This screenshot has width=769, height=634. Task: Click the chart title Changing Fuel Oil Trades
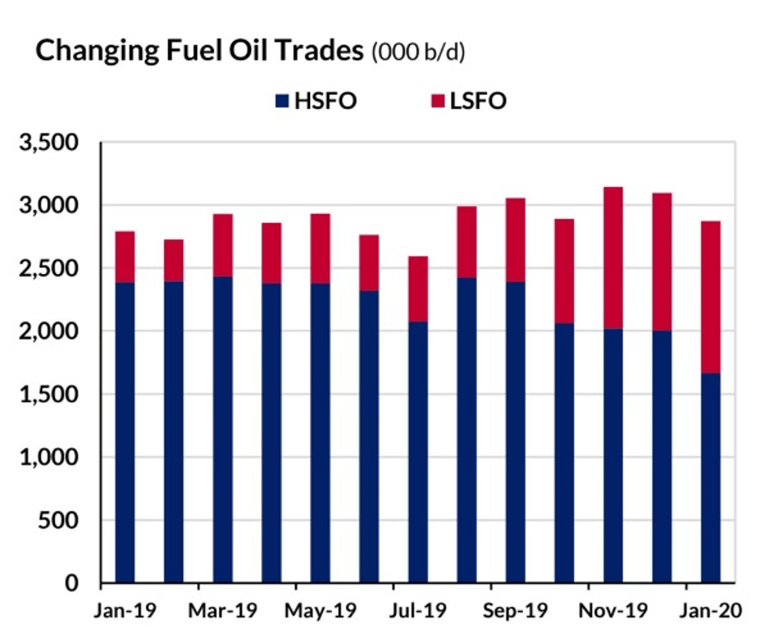click(x=199, y=51)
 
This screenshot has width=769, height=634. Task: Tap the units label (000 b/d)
click(x=419, y=52)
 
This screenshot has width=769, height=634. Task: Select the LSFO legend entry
click(x=468, y=102)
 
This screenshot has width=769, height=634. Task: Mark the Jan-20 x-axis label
click(x=710, y=611)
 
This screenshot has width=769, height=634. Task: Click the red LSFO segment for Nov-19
click(x=612, y=258)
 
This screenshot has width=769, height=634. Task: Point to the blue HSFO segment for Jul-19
click(x=417, y=452)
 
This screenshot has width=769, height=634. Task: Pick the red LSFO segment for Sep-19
click(x=515, y=239)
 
